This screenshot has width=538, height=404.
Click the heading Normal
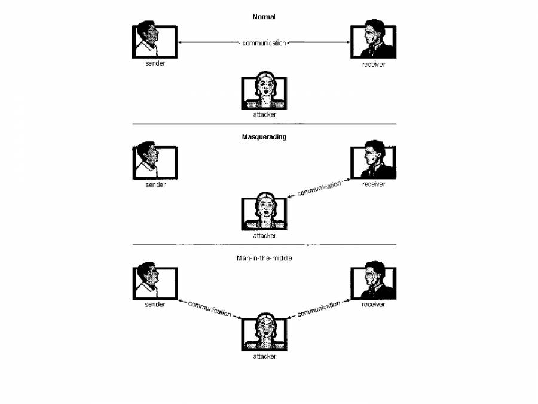pos(264,17)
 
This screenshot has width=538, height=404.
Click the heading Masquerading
pos(264,136)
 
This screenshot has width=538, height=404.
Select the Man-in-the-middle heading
pos(264,257)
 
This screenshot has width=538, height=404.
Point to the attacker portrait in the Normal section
pos(264,92)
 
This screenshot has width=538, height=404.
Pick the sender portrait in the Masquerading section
pos(155,162)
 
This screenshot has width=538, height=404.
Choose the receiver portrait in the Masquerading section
pos(372,160)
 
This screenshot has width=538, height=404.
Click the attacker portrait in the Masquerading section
pos(264,212)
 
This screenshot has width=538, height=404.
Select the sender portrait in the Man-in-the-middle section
pos(155,282)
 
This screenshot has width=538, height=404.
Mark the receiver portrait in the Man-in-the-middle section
pos(372,281)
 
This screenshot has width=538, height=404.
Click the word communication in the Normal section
pos(264,43)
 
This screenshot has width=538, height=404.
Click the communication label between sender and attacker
pos(209,308)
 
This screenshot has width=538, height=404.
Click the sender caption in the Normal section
pos(155,63)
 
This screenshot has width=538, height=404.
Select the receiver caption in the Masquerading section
pos(373,184)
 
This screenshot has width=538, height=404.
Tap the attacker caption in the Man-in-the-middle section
pos(264,356)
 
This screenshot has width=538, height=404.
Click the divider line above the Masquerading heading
pos(264,124)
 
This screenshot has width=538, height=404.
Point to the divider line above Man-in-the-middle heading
pos(264,245)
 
